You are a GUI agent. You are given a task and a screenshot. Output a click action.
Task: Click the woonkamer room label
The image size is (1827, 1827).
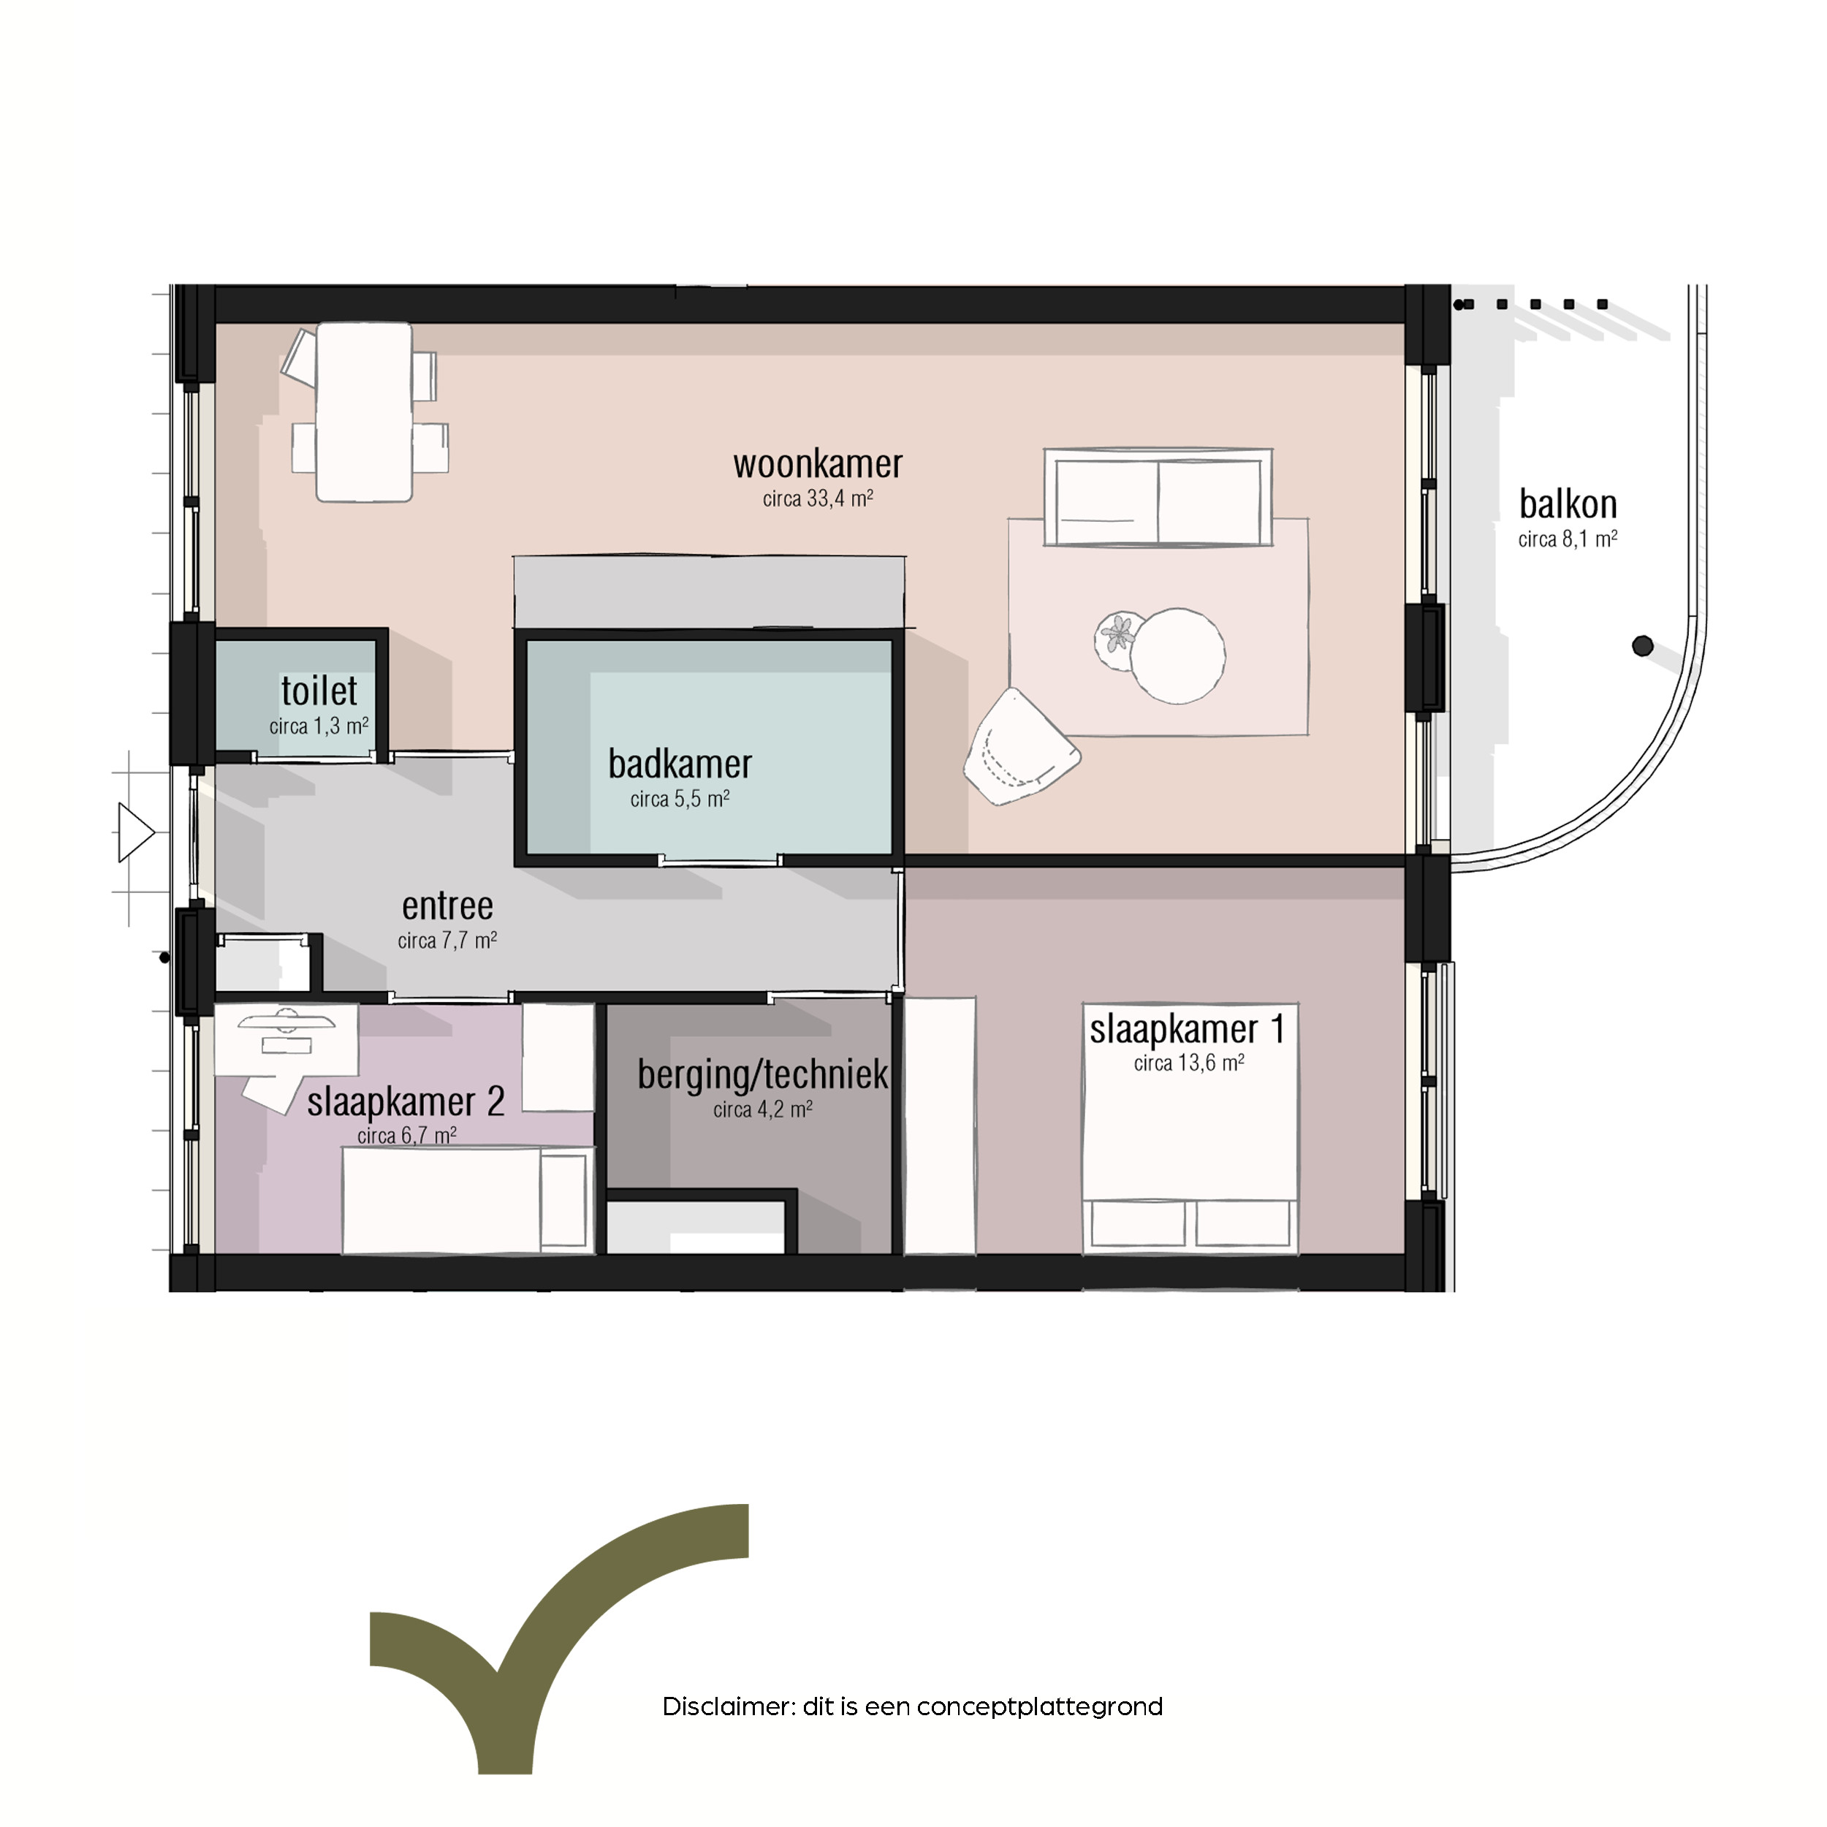818,464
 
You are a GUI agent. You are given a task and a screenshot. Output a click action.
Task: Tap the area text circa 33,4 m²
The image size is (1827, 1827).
818,498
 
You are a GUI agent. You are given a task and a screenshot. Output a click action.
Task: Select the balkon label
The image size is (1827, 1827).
1568,504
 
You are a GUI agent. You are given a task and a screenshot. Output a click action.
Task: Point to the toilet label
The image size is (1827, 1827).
319,691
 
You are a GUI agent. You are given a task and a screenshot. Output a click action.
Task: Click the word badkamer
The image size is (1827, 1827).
680,764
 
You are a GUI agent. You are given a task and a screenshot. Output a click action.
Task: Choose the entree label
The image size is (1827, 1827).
447,906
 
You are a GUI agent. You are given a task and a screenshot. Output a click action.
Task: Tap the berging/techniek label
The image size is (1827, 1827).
763,1075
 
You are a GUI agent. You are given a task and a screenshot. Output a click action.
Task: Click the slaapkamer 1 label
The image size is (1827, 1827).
1188,1029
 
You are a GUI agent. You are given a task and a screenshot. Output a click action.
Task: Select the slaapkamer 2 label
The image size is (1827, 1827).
406,1102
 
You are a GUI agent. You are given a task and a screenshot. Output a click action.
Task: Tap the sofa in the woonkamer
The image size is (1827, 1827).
1158,498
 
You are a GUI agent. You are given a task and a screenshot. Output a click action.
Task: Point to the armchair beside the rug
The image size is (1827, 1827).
1022,747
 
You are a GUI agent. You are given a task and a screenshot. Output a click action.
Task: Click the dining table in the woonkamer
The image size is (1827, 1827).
364,411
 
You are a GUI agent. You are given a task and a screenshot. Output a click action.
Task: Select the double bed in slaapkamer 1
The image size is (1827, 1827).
1190,1130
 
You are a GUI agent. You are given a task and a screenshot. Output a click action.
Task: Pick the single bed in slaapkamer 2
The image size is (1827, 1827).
468,1201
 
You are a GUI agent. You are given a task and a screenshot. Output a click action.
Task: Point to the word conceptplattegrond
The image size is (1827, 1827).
1040,1708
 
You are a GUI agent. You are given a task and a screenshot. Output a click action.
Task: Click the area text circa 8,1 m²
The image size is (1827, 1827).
1568,539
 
